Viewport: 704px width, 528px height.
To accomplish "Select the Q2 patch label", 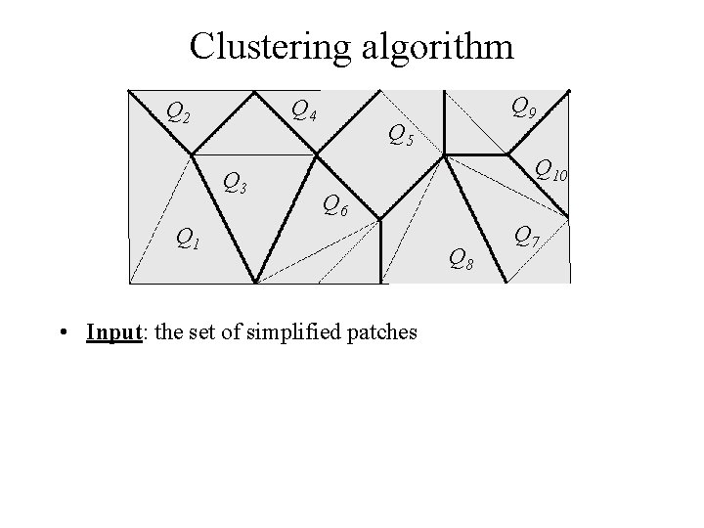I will (x=178, y=112).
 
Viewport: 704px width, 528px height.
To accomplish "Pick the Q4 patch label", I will (x=303, y=110).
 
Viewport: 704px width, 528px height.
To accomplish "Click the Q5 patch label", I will (x=400, y=136).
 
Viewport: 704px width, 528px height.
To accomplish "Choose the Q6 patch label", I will (x=334, y=205).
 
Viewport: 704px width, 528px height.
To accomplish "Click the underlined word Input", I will (x=113, y=332).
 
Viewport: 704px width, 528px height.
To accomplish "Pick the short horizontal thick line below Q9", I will (x=476, y=154).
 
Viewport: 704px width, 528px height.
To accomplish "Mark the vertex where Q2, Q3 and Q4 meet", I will (x=192, y=154).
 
